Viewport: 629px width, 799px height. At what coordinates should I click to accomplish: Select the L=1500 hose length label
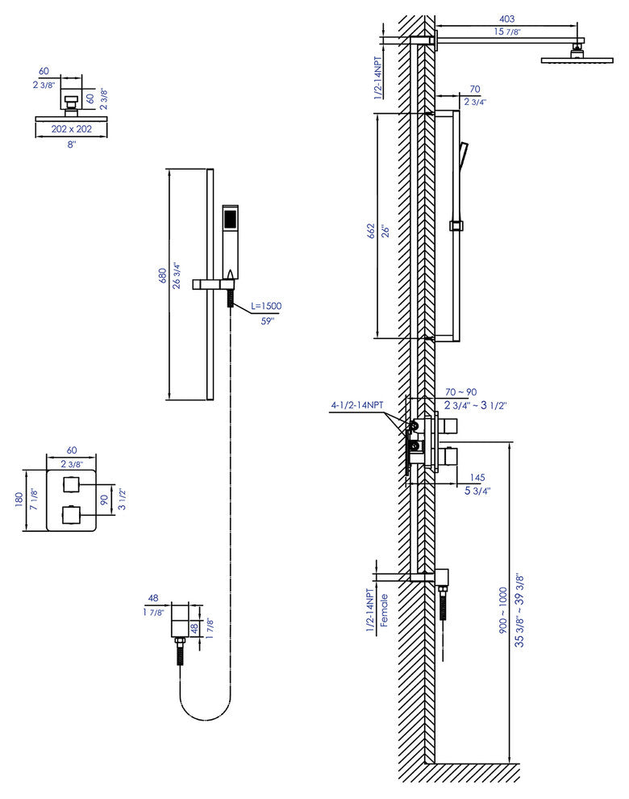click(265, 306)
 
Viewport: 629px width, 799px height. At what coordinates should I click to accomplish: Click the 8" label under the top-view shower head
click(72, 144)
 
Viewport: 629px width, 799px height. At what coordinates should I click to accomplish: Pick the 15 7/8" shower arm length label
click(507, 32)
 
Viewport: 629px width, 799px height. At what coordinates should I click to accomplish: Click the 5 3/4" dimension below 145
click(477, 490)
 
